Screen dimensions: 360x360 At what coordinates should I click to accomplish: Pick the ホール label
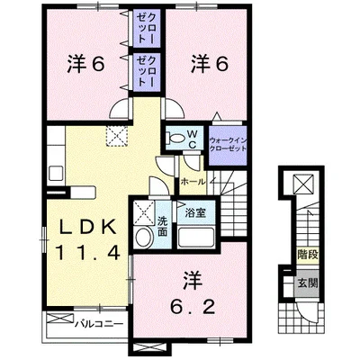191,181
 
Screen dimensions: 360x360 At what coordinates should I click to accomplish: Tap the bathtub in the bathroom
195,238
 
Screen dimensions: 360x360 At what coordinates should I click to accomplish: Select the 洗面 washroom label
162,224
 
